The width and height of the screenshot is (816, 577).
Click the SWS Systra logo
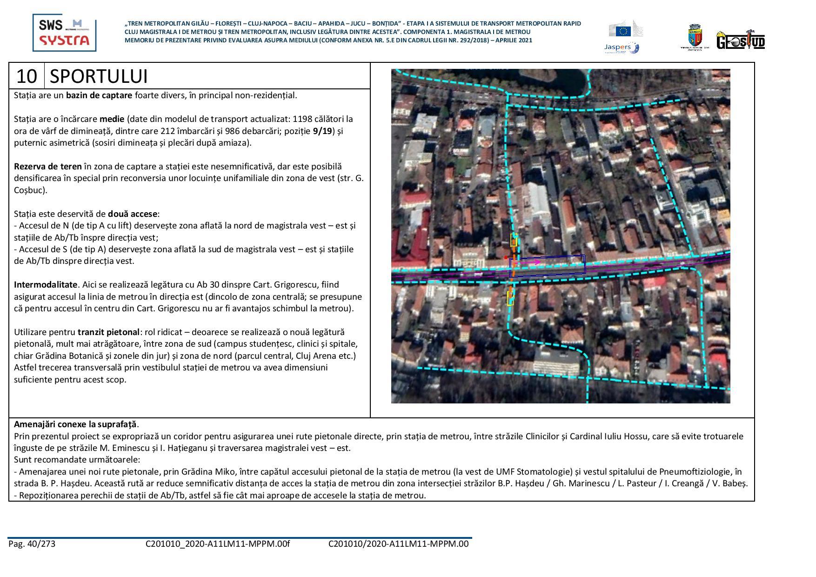pos(64,33)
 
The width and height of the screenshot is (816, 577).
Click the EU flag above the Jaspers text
pos(623,31)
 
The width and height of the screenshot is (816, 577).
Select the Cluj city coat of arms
pos(695,37)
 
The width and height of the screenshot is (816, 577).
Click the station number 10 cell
pos(27,76)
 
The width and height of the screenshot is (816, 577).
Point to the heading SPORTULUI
pos(99,76)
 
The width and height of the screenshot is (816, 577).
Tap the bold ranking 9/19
pos(322,131)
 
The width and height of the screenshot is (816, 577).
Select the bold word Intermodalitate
pos(46,284)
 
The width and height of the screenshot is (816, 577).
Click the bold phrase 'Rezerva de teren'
pos(48,166)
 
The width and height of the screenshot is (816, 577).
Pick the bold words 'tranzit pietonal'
pos(108,332)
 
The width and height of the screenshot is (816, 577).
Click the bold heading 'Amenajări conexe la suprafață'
pos(75,424)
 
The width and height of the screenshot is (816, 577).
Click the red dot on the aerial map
pos(506,257)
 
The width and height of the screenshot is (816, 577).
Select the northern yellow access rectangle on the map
pos(514,240)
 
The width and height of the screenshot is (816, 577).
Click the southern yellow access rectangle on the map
pos(510,298)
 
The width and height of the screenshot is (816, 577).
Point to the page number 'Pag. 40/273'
pos(32,543)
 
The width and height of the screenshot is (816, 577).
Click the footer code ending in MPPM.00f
pos(217,543)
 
